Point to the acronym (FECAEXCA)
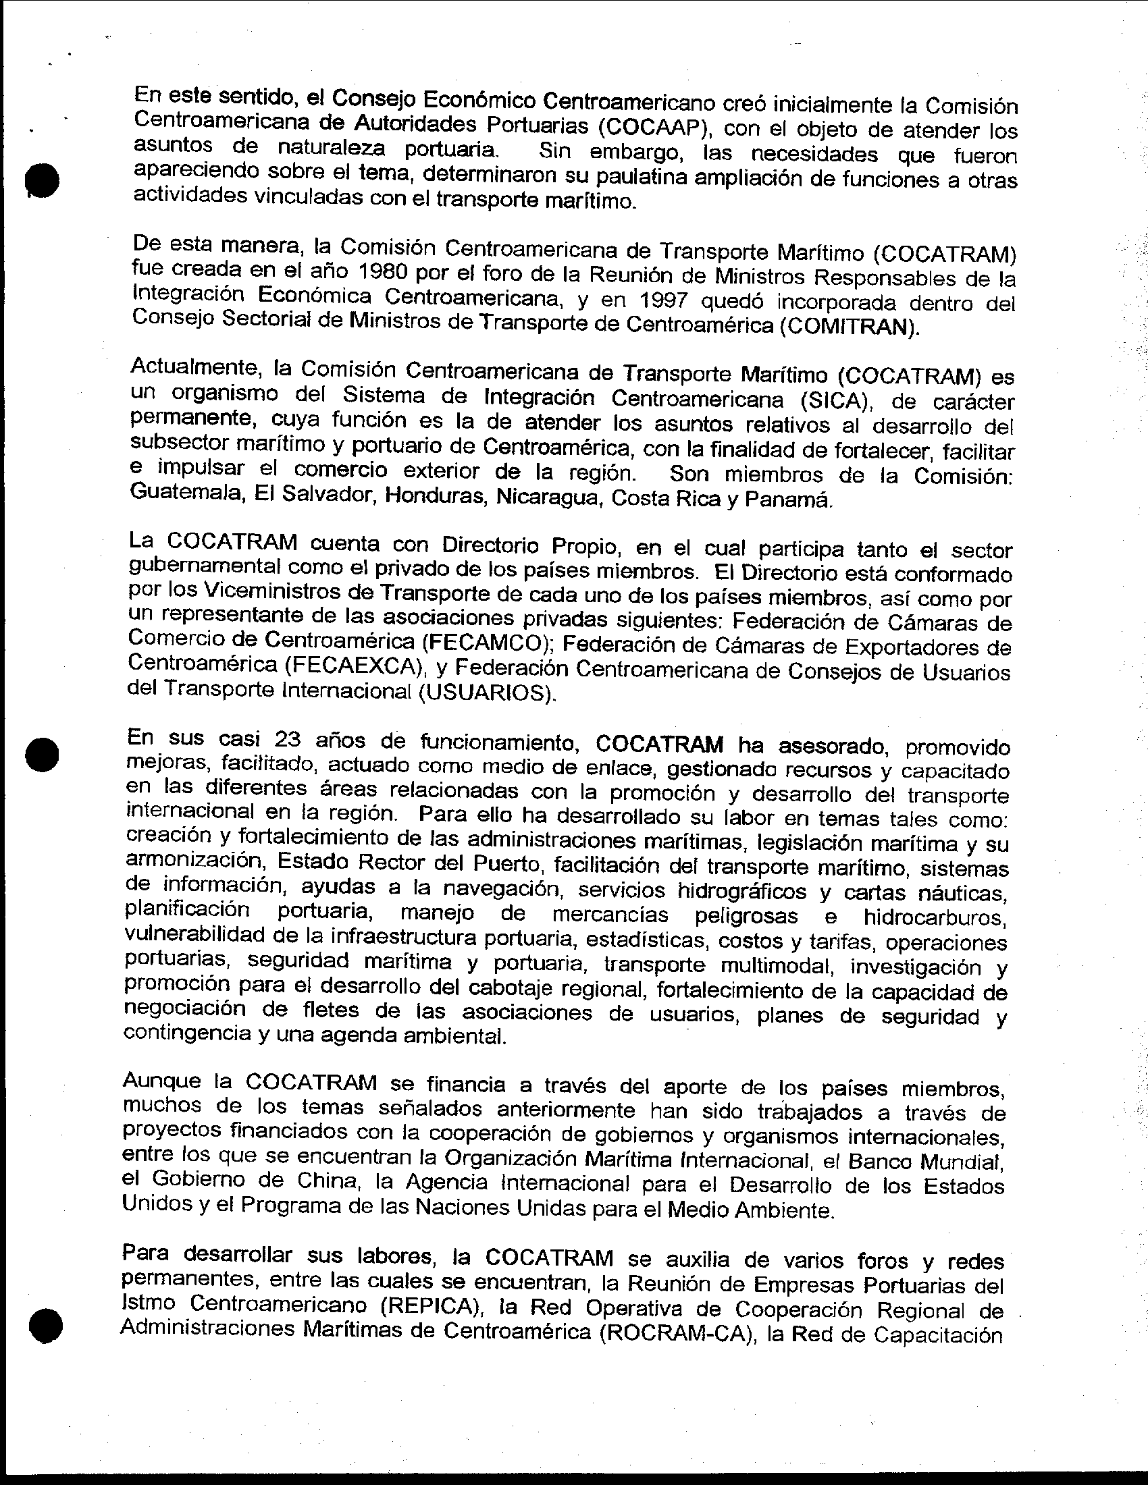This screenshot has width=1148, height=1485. [x=357, y=666]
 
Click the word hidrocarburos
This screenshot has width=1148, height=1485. [x=935, y=917]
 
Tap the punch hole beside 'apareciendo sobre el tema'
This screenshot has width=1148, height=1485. [x=41, y=180]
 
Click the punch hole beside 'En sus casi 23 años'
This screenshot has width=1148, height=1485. [x=41, y=753]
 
